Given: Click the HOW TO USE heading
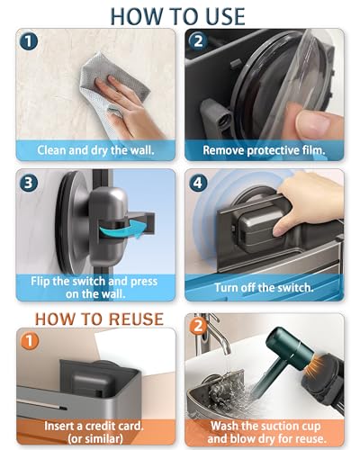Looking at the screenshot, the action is pos(178,16).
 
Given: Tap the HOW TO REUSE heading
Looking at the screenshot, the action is pos(99,319).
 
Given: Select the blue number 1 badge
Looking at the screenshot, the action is pos(29,41).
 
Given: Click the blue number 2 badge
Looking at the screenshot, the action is pos(198,41).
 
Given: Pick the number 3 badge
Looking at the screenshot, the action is pos(29,182).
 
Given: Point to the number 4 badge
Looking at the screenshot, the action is pos(198,182).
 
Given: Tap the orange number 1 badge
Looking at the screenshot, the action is pos(29,341).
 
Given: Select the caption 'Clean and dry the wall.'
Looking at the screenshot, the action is pos(95,150).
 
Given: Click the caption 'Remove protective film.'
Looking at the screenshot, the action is pos(264,150).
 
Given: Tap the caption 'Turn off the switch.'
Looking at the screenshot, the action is pos(264,287).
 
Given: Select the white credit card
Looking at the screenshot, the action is pos(135,353).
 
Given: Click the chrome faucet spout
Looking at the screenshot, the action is pos(217,336).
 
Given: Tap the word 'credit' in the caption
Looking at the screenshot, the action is pos(98,426).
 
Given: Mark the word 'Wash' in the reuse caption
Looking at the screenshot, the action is pos(223,426).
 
